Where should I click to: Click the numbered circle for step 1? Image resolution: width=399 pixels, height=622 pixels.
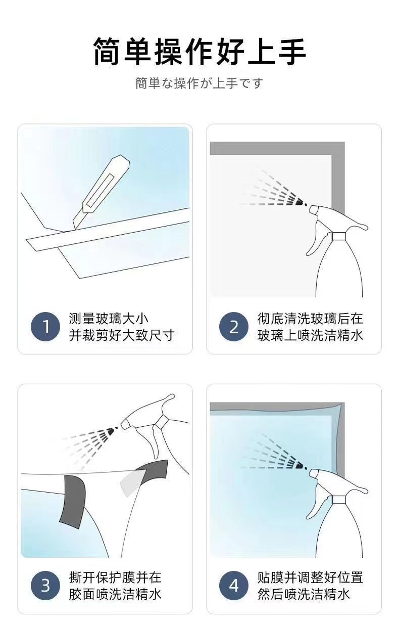(45, 327)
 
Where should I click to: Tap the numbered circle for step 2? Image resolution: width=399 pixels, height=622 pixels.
(234, 327)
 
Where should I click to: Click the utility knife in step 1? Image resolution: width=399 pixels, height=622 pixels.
(102, 192)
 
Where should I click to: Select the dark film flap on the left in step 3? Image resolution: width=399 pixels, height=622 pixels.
(72, 501)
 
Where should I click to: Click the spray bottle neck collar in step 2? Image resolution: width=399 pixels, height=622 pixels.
(339, 236)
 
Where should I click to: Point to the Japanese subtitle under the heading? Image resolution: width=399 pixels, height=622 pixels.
(199, 83)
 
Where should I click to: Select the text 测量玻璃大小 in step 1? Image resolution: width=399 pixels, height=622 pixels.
(109, 319)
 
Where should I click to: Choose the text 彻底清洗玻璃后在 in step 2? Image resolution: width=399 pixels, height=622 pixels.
(310, 319)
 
